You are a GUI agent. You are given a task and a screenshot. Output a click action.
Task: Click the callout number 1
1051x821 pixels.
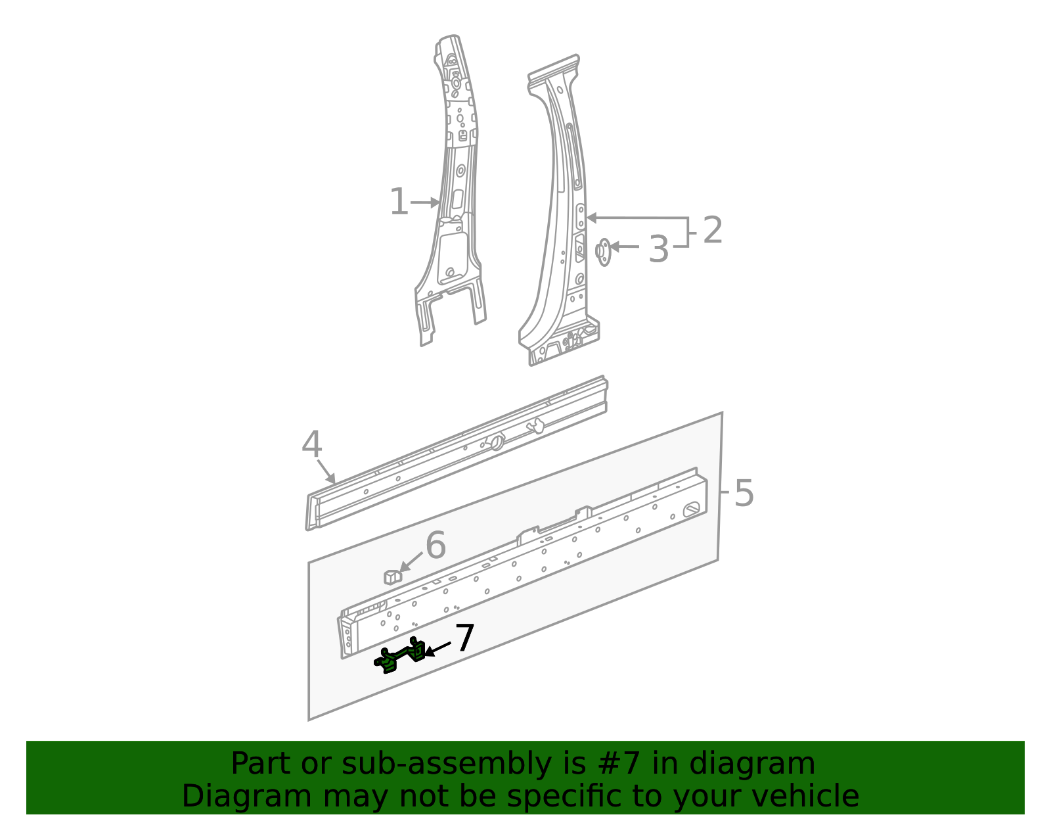pos(399,202)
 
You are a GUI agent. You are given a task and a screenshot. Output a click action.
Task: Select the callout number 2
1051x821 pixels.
pos(713,230)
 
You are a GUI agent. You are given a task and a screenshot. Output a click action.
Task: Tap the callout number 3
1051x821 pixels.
pos(658,250)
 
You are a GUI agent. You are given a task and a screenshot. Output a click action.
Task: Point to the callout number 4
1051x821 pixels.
pos(311,445)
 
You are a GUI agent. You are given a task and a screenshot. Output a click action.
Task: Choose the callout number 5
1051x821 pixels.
pos(744,493)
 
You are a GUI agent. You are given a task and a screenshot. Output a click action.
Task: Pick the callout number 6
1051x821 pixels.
pos(436,546)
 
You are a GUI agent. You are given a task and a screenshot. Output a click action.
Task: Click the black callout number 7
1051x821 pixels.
pos(464,638)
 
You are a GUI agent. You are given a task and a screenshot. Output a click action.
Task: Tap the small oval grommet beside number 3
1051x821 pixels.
pos(602,252)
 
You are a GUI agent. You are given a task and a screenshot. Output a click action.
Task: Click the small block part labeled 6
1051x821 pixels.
pos(392,576)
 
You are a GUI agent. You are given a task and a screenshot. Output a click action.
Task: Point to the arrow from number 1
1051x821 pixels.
pos(425,203)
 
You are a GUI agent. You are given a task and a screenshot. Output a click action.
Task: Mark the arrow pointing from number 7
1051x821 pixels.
pos(438,649)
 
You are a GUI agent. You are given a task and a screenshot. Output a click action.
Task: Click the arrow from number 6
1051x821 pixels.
pos(411,563)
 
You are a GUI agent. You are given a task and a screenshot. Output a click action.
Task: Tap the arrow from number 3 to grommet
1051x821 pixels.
pos(625,246)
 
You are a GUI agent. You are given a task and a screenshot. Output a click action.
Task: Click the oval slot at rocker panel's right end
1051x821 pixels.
pos(692,509)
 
